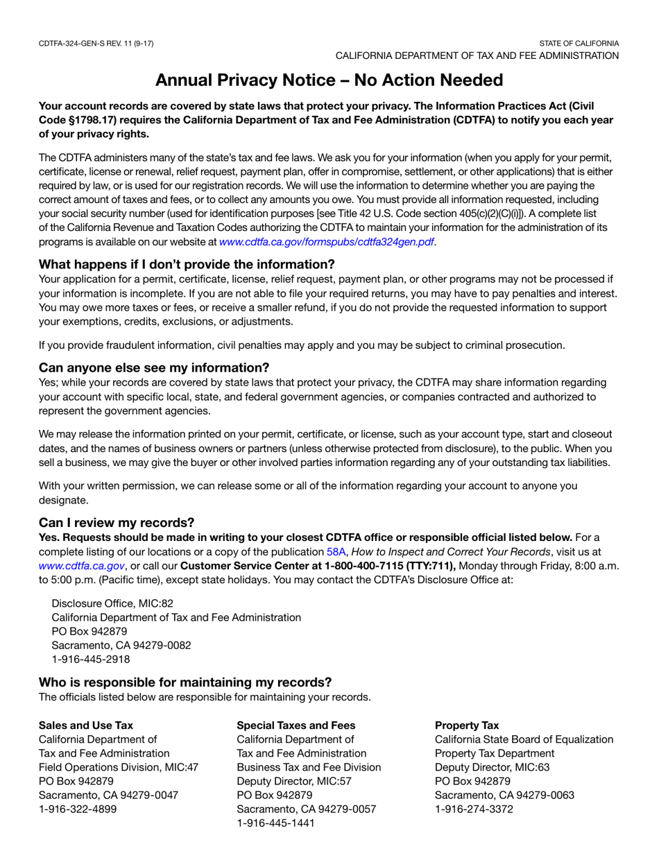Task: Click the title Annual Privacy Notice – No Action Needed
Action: click(x=329, y=80)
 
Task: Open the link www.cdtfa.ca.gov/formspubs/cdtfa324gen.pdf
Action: click(x=327, y=242)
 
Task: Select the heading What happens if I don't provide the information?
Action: click(x=187, y=264)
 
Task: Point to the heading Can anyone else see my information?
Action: click(x=154, y=367)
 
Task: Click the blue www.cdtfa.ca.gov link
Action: click(x=82, y=566)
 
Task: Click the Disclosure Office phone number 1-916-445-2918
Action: click(x=90, y=660)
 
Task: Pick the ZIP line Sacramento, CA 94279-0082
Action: click(x=121, y=645)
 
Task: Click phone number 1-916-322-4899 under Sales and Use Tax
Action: click(x=78, y=809)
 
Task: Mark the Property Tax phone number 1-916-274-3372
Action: click(x=474, y=809)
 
